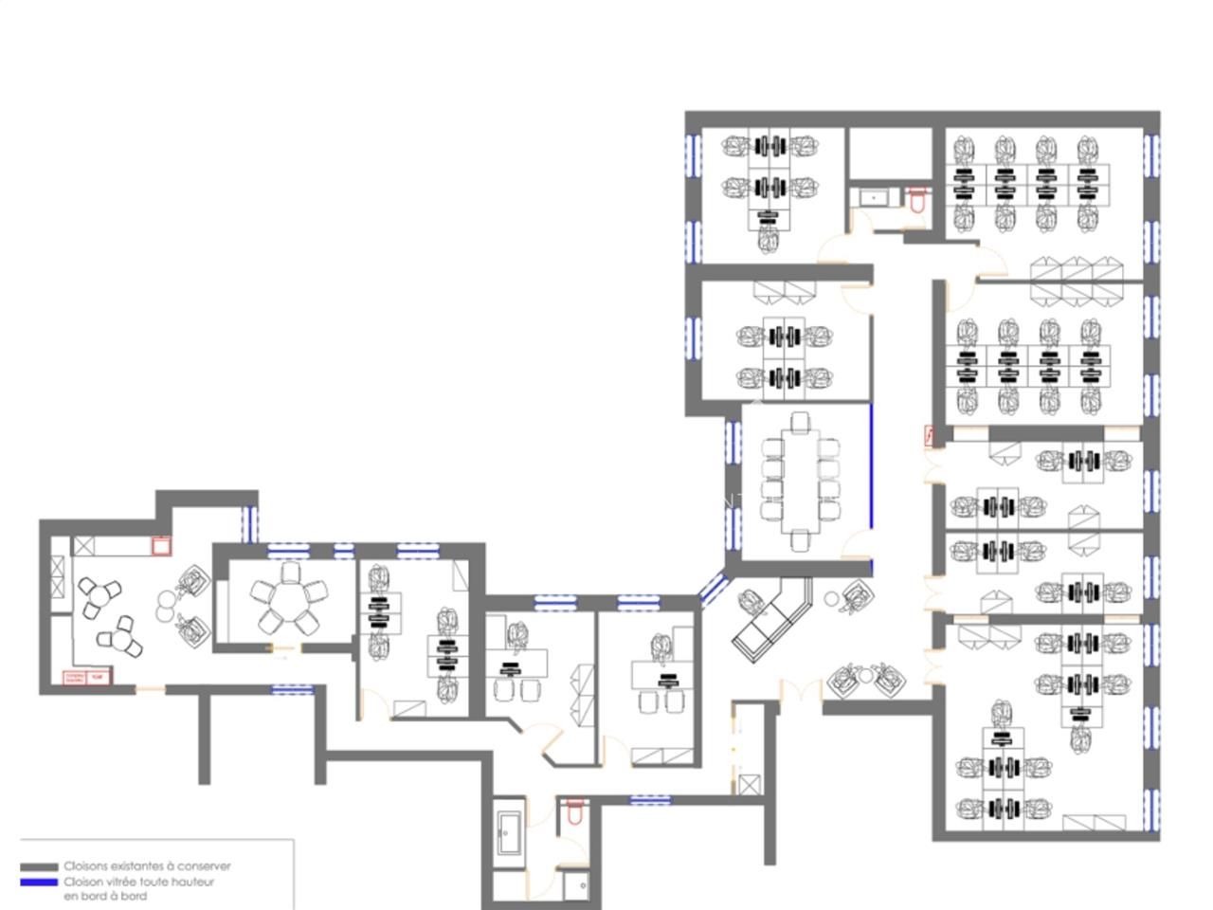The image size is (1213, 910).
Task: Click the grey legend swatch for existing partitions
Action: [40, 866]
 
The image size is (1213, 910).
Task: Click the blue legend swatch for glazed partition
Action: [40, 882]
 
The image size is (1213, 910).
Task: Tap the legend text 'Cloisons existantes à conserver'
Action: [147, 866]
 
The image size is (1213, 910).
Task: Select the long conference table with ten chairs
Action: [801, 480]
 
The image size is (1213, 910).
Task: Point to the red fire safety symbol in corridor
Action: [930, 436]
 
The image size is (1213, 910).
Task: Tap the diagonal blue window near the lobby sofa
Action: [712, 587]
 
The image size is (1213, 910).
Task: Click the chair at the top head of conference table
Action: [802, 421]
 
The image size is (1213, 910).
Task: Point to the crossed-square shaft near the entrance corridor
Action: [750, 785]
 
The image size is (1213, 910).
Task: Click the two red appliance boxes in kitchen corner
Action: [85, 678]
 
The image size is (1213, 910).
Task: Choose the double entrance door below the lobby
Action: [800, 691]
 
